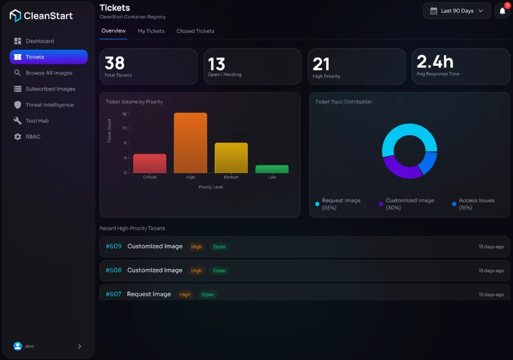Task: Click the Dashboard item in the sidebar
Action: [x=33, y=41]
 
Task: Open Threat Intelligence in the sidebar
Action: [x=44, y=105]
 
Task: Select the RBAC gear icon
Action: [x=18, y=136]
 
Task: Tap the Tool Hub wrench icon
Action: [x=18, y=121]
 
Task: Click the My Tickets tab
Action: [x=151, y=31]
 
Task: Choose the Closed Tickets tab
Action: [x=195, y=31]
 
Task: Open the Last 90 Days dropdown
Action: [x=457, y=11]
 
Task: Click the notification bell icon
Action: [x=503, y=11]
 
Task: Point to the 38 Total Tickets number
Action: [x=115, y=63]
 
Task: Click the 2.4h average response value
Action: [x=435, y=61]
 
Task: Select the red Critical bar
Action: [x=150, y=163]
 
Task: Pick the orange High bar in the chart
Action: [x=190, y=142]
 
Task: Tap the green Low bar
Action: [x=272, y=169]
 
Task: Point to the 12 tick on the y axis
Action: [x=124, y=128]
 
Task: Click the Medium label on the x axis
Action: [x=231, y=177]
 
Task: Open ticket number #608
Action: [x=113, y=270]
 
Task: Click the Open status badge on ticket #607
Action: [x=208, y=295]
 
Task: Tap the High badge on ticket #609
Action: [x=196, y=247]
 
